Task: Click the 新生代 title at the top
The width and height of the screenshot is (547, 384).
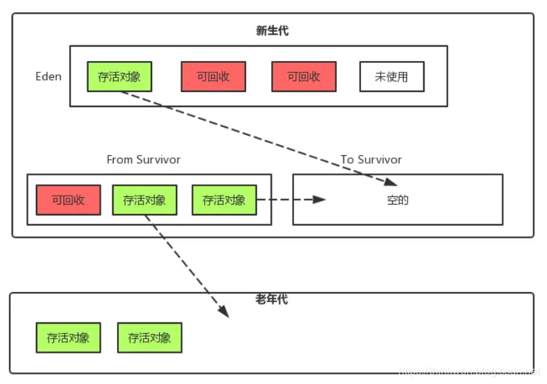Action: pyautogui.click(x=272, y=30)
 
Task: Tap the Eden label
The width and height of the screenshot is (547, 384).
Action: pyautogui.click(x=48, y=76)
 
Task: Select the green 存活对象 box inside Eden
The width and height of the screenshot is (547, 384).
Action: pyautogui.click(x=119, y=77)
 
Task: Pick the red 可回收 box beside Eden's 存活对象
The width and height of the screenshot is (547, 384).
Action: pyautogui.click(x=213, y=77)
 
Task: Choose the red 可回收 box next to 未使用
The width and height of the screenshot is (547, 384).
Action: pyautogui.click(x=304, y=77)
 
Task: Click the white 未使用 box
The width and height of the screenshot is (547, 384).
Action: pyautogui.click(x=391, y=77)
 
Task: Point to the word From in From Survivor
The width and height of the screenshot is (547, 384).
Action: pyautogui.click(x=120, y=160)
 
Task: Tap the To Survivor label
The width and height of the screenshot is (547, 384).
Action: pyautogui.click(x=371, y=160)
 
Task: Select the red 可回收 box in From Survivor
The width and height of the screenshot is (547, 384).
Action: pyautogui.click(x=68, y=200)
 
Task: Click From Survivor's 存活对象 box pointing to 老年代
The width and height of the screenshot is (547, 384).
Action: pyautogui.click(x=144, y=200)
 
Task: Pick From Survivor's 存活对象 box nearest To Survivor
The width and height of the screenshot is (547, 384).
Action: pyautogui.click(x=224, y=200)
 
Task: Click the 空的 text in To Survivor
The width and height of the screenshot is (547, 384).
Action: pyautogui.click(x=398, y=200)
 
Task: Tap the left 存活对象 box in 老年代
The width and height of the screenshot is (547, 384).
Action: pyautogui.click(x=68, y=337)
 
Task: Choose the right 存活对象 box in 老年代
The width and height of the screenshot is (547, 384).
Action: pyautogui.click(x=149, y=337)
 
